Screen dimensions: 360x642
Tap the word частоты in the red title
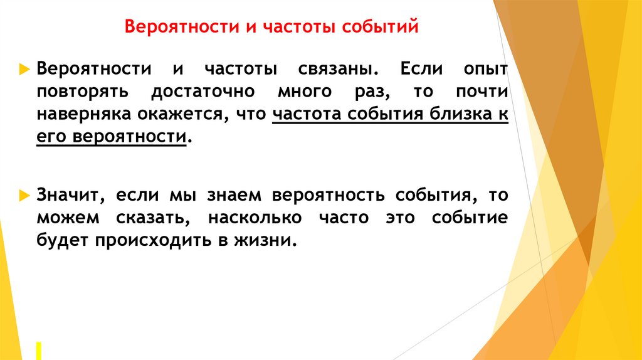point(299,28)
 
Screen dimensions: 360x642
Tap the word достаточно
point(203,92)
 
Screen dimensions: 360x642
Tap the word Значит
point(69,196)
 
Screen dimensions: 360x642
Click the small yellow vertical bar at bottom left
point(39,350)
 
